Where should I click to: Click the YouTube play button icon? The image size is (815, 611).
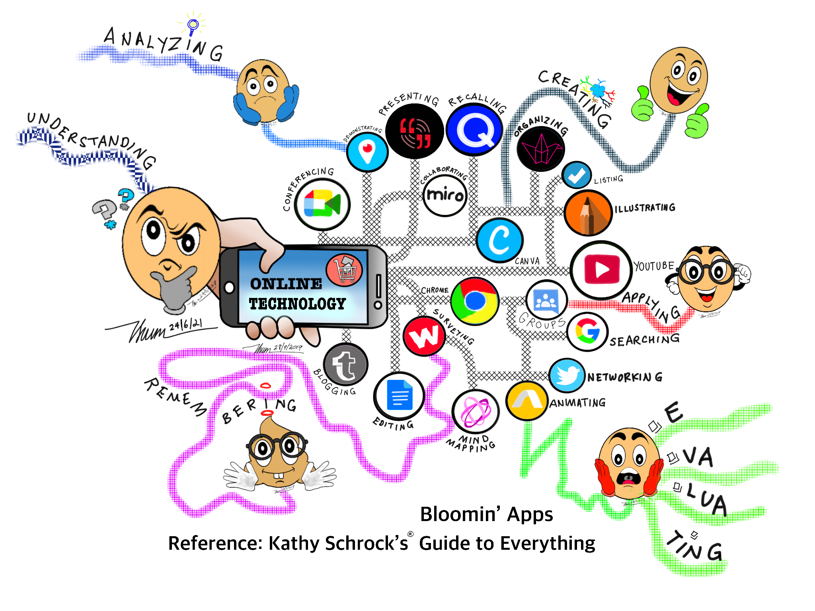coord(602,270)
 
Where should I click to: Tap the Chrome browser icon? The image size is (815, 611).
coord(475,301)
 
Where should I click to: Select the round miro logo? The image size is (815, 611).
coord(445,195)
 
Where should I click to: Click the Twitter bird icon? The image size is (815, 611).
coord(567,375)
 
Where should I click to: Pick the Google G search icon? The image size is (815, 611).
coord(587,331)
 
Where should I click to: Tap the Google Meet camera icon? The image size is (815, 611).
coord(322,204)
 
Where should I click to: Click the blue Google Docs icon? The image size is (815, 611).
coord(399,395)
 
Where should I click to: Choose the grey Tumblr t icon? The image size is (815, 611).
coord(345,364)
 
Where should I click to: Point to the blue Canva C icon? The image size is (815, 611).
coord(500,240)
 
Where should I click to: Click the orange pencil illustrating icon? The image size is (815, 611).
coord(588,213)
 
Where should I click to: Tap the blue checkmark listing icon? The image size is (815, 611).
coord(577,175)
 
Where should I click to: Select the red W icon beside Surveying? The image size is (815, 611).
coord(424,336)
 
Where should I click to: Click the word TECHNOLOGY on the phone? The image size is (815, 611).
coord(297,304)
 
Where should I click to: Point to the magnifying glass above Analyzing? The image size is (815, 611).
coord(193,25)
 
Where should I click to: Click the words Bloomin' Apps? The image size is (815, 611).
coord(486,514)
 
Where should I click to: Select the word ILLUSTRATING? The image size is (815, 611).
coord(645,208)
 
